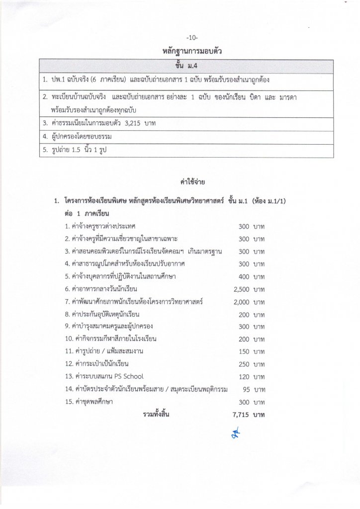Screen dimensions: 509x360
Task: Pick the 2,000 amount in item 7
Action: pyautogui.click(x=241, y=301)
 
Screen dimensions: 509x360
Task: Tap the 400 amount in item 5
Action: pyautogui.click(x=244, y=276)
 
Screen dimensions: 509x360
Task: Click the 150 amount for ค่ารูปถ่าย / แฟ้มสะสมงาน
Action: pyautogui.click(x=244, y=351)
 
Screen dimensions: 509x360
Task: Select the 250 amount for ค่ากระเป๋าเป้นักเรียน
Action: pyautogui.click(x=244, y=364)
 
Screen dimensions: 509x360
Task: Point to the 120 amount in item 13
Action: pyautogui.click(x=244, y=376)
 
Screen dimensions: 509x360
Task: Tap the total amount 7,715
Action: pyautogui.click(x=241, y=414)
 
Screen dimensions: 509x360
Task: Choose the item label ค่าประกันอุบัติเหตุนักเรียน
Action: pyautogui.click(x=102, y=314)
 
